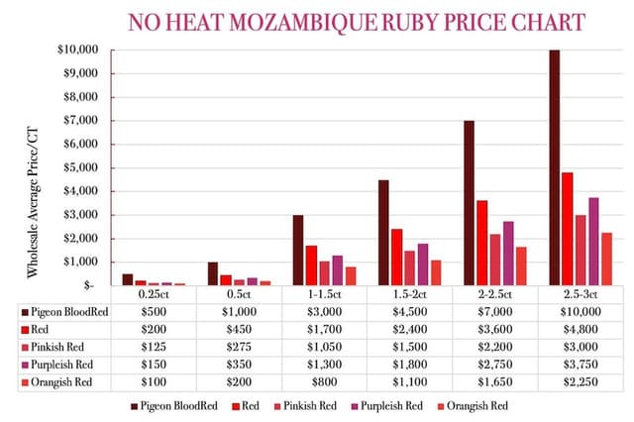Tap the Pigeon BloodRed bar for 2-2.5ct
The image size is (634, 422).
coord(469,202)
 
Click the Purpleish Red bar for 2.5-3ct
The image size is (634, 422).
coord(593,241)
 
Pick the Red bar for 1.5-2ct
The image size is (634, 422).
coord(395,257)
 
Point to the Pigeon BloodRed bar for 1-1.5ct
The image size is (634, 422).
coord(297,250)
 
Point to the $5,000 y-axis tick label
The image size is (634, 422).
coord(78,167)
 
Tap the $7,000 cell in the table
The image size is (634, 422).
coord(493,312)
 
